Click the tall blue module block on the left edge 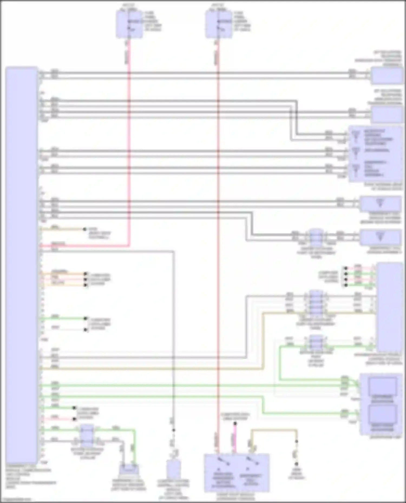pyautogui.click(x=21, y=265)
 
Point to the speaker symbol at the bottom pyautogui.click(x=129, y=470)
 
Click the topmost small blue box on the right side pyautogui.click(x=387, y=76)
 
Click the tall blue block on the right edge pyautogui.click(x=389, y=307)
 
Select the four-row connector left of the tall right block pyautogui.click(x=316, y=303)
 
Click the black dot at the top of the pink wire pyautogui.click(x=235, y=424)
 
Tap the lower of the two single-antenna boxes pyautogui.click(x=380, y=237)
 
